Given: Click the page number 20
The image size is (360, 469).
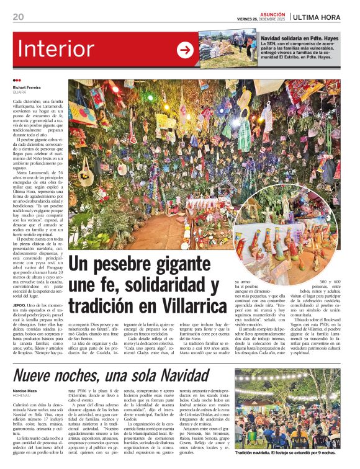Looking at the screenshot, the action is (18, 16).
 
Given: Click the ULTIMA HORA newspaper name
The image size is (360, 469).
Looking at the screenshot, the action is (324, 16).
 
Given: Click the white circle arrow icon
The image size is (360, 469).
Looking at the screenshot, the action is (185, 50).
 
